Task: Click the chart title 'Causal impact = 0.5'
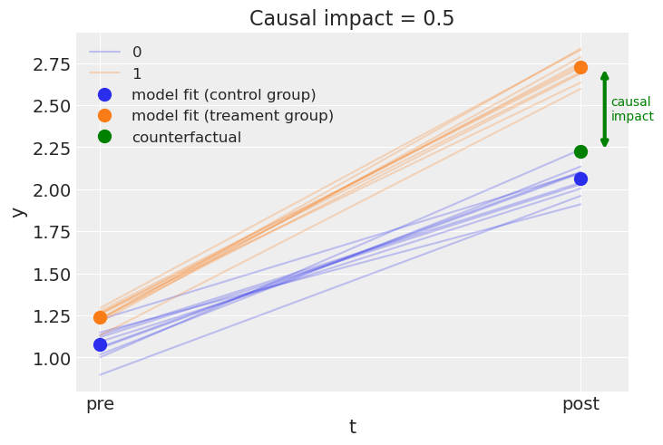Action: point(352,18)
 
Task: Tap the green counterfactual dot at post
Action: point(580,151)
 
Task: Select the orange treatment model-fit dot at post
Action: point(580,67)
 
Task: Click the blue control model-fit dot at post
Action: point(580,179)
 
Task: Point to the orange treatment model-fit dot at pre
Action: point(100,317)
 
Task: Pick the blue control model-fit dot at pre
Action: point(100,344)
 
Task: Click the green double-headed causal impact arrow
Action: point(605,109)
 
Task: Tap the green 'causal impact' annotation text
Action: point(631,109)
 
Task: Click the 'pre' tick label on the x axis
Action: point(100,404)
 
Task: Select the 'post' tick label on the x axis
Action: point(580,404)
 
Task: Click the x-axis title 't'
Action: point(352,427)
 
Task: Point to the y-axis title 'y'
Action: point(17,212)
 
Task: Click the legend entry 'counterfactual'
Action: point(186,137)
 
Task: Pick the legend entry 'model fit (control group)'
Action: point(223,94)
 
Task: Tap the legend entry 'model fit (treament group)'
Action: point(232,116)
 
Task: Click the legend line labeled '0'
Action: point(104,53)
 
